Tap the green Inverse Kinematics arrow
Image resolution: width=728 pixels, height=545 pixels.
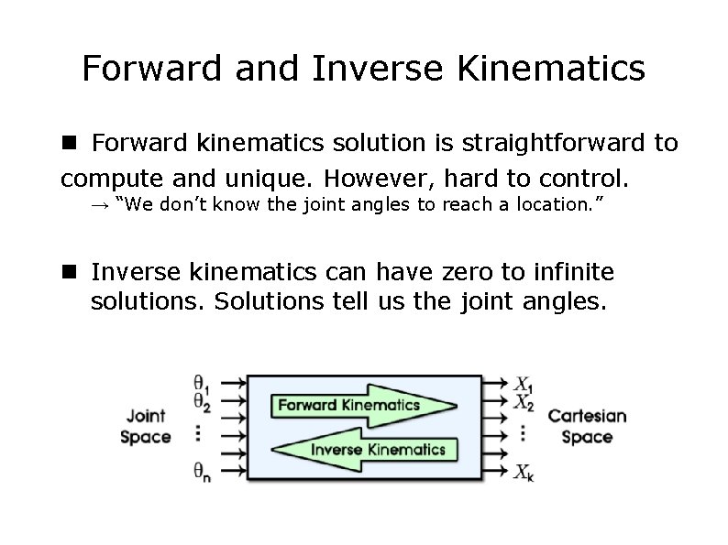click(x=367, y=449)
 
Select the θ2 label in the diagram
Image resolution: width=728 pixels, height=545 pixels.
click(x=201, y=400)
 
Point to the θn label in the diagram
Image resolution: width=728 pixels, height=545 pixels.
click(x=201, y=472)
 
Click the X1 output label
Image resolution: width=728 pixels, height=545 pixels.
click(x=524, y=384)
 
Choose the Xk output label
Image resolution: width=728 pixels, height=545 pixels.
click(x=524, y=473)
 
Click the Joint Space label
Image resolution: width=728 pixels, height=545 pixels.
click(x=146, y=426)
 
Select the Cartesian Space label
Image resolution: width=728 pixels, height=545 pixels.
click(x=587, y=426)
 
